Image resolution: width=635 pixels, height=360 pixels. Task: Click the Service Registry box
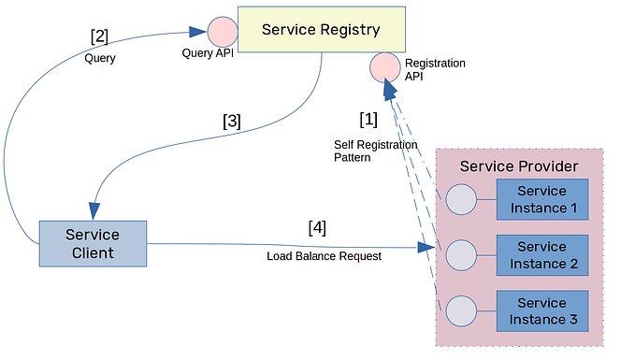321,29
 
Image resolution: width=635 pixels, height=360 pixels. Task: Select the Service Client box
93,244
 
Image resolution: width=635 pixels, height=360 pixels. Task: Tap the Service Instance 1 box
542,199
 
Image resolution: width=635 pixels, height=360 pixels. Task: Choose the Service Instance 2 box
542,255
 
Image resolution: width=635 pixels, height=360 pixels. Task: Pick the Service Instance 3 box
542,311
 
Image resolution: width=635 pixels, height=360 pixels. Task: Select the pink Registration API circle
385,67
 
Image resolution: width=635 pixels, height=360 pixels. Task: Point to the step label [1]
368,120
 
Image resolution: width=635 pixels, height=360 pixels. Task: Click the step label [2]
99,36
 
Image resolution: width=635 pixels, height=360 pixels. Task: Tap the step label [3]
232,121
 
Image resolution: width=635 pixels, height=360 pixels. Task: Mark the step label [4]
318,227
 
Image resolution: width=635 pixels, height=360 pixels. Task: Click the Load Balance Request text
324,256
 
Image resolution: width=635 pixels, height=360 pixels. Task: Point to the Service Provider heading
519,166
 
